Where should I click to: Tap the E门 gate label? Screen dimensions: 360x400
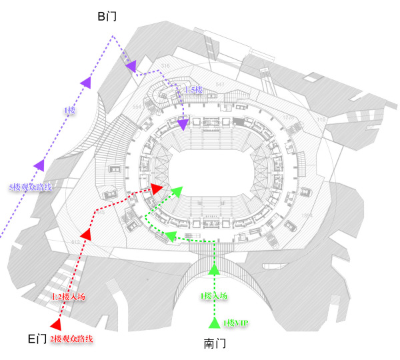click(37, 338)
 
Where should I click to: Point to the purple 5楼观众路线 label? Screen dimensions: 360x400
click(31, 187)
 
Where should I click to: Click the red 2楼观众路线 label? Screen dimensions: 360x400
click(71, 339)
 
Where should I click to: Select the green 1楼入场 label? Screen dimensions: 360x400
click(214, 295)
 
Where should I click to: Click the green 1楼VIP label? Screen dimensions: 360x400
click(235, 323)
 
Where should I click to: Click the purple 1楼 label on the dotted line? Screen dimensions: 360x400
click(69, 111)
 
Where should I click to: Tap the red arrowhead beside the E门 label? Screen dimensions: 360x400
click(56, 325)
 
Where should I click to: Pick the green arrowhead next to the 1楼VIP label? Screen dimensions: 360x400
click(214, 323)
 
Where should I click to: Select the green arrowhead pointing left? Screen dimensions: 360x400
click(171, 235)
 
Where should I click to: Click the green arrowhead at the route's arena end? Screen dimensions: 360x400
click(176, 192)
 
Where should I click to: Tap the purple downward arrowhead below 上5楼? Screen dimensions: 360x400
click(183, 123)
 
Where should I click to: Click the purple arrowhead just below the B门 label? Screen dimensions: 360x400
click(131, 65)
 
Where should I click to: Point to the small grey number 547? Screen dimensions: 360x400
click(219, 85)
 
